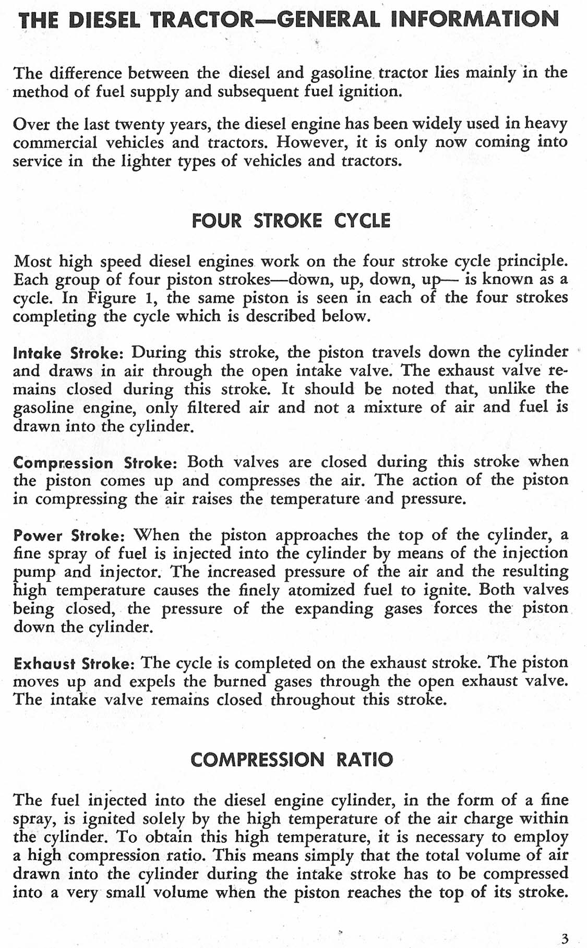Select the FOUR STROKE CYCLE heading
point(291,221)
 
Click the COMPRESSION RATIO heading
point(292,760)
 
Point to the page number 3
point(565,925)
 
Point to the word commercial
point(55,142)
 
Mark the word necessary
point(441,837)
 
